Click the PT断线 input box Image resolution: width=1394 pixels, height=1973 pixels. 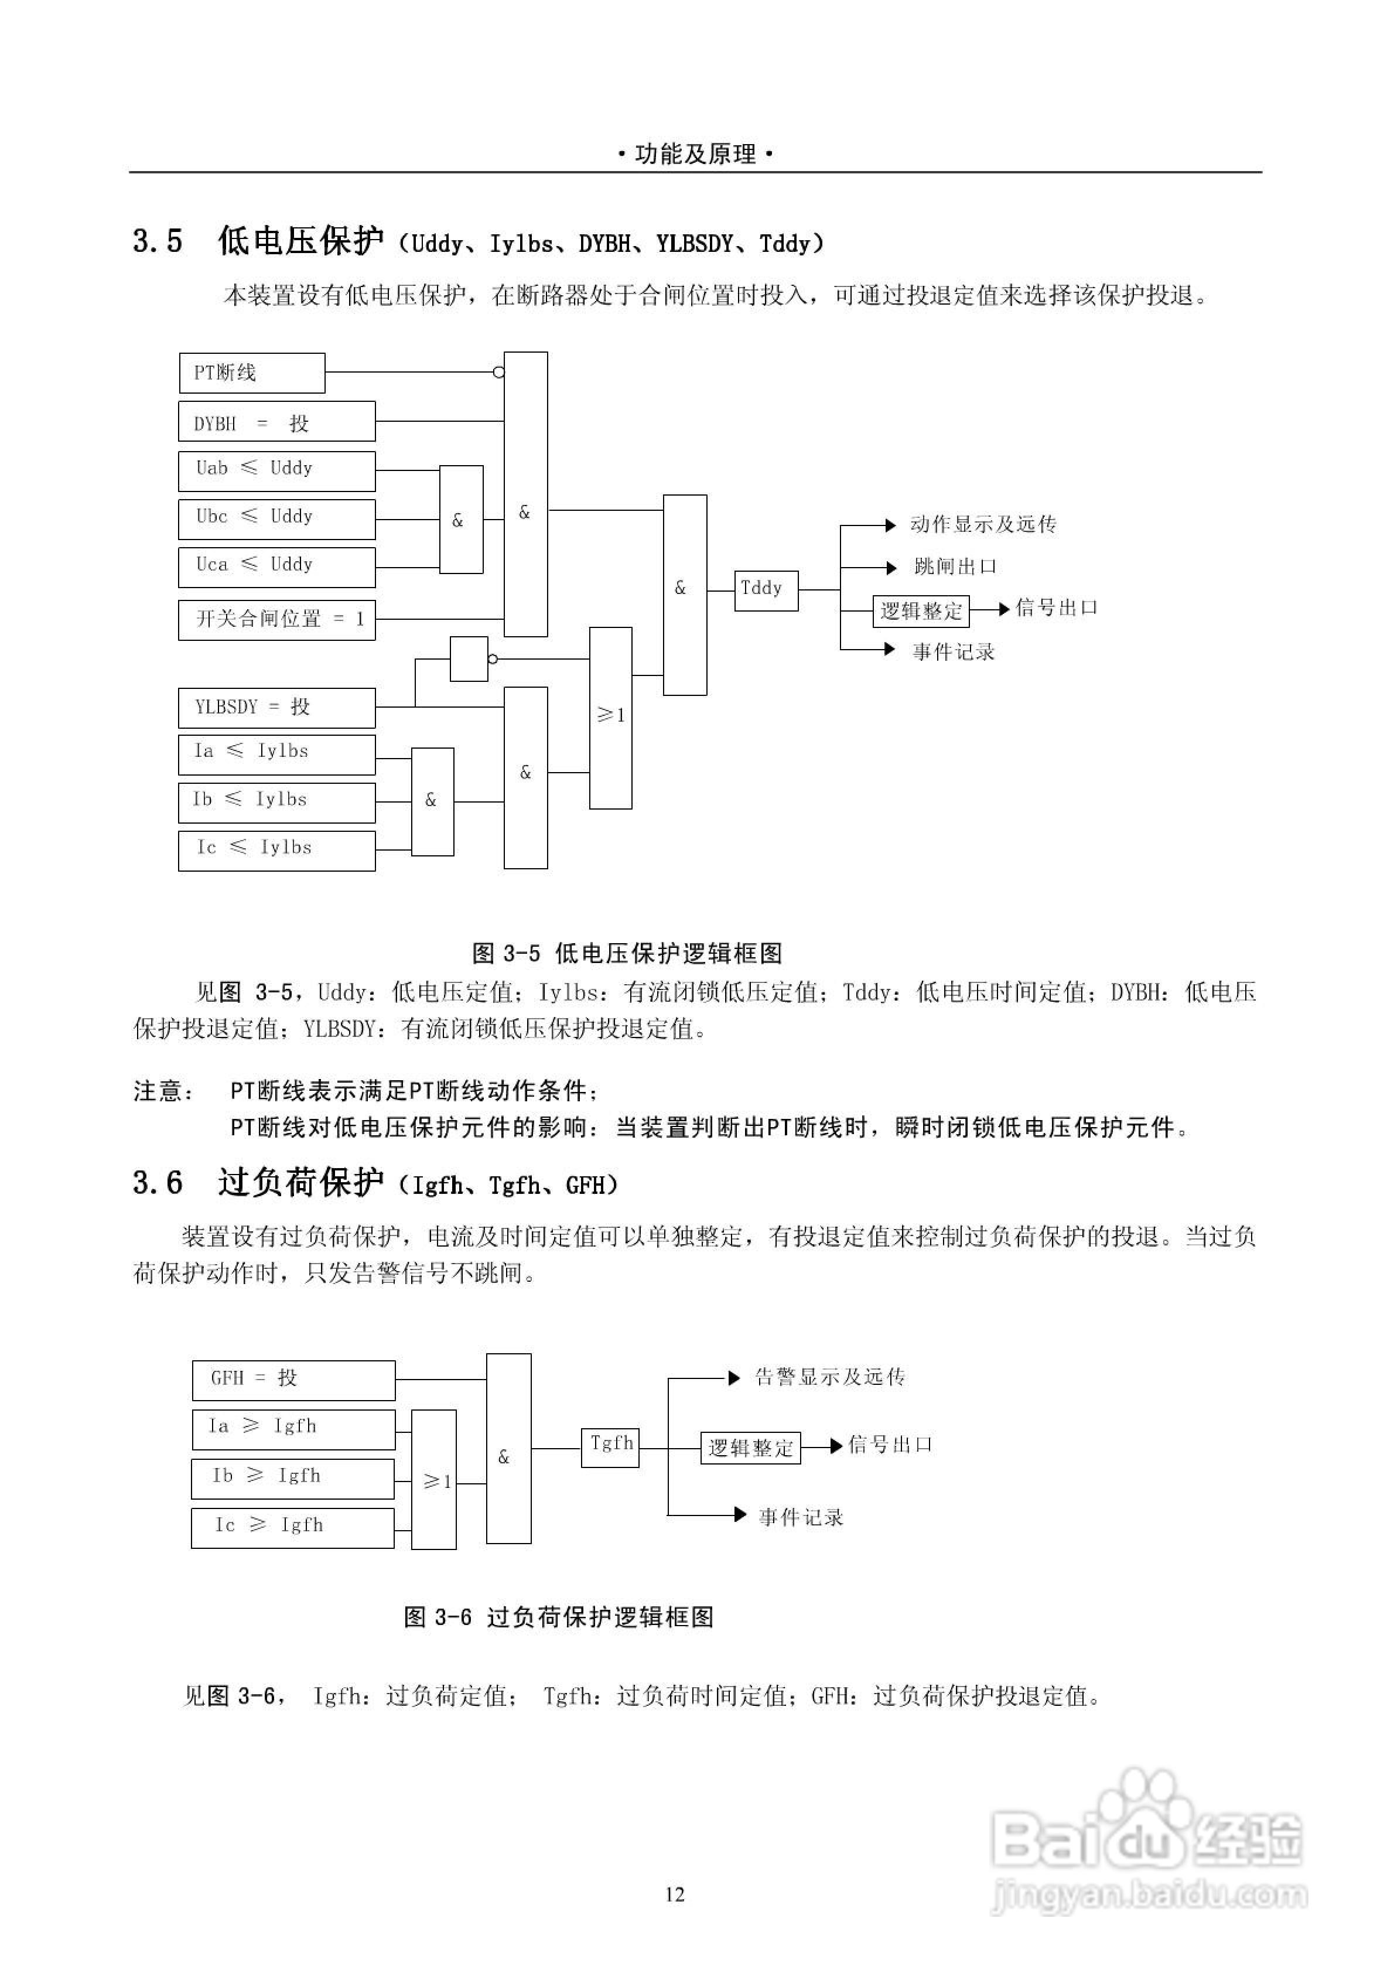coord(252,373)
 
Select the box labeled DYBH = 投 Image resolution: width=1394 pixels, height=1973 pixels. coord(276,422)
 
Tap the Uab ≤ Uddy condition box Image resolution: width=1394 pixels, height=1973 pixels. coord(276,471)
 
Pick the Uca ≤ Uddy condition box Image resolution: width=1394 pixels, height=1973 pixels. coord(276,567)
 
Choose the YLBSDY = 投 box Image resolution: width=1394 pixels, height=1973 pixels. coord(276,708)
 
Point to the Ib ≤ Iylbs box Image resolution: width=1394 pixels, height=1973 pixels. coord(276,802)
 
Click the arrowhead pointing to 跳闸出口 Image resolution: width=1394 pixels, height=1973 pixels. coord(891,567)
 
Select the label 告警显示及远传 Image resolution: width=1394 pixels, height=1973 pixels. coord(829,1377)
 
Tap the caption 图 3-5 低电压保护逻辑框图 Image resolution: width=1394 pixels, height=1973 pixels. coord(627,953)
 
